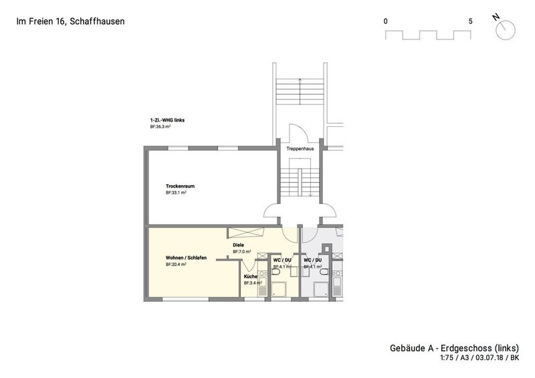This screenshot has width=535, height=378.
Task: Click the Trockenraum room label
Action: pyautogui.click(x=181, y=186)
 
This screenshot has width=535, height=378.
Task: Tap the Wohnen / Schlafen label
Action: pyautogui.click(x=185, y=258)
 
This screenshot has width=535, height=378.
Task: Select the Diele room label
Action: pyautogui.click(x=237, y=245)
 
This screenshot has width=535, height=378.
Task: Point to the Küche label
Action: pyautogui.click(x=251, y=276)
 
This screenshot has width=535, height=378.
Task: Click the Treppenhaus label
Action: pyautogui.click(x=300, y=148)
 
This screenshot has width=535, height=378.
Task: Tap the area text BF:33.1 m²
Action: pyautogui.click(x=175, y=192)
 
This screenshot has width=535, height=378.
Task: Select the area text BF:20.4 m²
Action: pyautogui.click(x=175, y=264)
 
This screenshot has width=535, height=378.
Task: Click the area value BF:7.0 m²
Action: pyautogui.click(x=242, y=252)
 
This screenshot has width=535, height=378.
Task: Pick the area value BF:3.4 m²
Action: pyautogui.click(x=253, y=282)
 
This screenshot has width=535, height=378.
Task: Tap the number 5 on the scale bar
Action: pyautogui.click(x=471, y=21)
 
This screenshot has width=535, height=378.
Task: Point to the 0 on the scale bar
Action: pyautogui.click(x=386, y=21)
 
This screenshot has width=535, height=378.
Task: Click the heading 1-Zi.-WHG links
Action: pyautogui.click(x=167, y=120)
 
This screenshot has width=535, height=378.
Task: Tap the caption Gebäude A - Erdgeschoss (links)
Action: pyautogui.click(x=454, y=349)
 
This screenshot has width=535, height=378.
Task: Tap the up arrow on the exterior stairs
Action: pyautogui.click(x=300, y=80)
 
